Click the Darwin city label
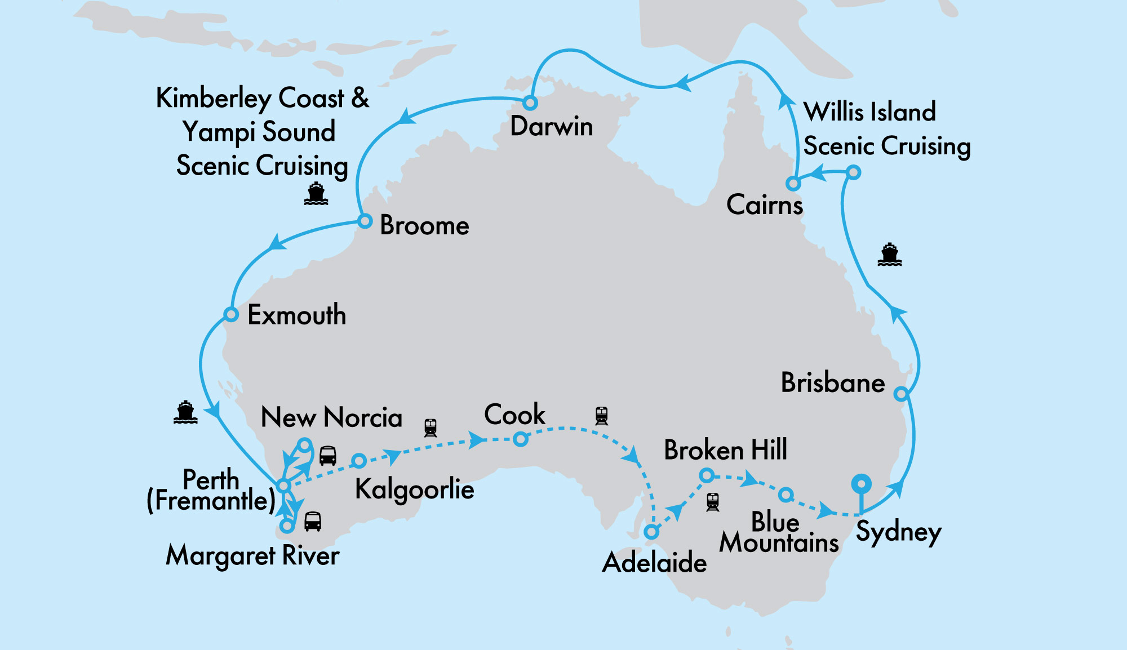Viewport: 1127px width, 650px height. pyautogui.click(x=551, y=126)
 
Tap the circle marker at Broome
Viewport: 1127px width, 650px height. pyautogui.click(x=365, y=221)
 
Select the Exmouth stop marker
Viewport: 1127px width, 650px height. pyautogui.click(x=231, y=314)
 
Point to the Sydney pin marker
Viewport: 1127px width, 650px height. pyautogui.click(x=861, y=484)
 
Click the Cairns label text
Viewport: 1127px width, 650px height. pyautogui.click(x=764, y=204)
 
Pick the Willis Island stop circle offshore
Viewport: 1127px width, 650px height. pyautogui.click(x=854, y=172)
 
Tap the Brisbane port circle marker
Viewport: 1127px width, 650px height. pyautogui.click(x=901, y=394)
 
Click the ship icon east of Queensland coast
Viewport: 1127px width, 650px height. pyautogui.click(x=889, y=254)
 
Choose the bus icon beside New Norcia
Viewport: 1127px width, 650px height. pyautogui.click(x=328, y=455)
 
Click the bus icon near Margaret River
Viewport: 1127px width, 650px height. pyautogui.click(x=313, y=521)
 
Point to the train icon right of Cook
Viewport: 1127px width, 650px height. pyautogui.click(x=601, y=416)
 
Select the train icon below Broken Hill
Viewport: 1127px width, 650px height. pyautogui.click(x=713, y=501)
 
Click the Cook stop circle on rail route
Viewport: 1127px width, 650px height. pyautogui.click(x=521, y=439)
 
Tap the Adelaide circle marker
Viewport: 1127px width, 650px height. pyautogui.click(x=651, y=532)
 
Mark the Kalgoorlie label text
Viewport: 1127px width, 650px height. pyautogui.click(x=414, y=489)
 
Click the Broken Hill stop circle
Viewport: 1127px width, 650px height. pyautogui.click(x=706, y=476)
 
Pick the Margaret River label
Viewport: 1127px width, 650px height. pyautogui.click(x=252, y=556)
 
